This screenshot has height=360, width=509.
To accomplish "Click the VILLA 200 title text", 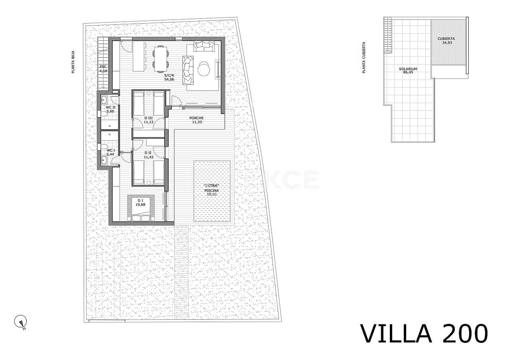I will pyautogui.click(x=424, y=334).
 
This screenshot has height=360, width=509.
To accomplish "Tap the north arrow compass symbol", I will pyautogui.click(x=20, y=322).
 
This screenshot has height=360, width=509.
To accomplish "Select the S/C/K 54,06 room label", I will pyautogui.click(x=169, y=77).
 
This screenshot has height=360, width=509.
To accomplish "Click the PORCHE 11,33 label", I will pyautogui.click(x=197, y=120).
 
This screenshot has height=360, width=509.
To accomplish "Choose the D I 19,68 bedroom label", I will pyautogui.click(x=140, y=203).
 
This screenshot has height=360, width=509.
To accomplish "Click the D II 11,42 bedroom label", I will pyautogui.click(x=148, y=155).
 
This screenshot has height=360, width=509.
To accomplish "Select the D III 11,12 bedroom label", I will pyautogui.click(x=148, y=120).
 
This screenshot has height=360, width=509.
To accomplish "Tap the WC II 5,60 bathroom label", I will pyautogui.click(x=110, y=109).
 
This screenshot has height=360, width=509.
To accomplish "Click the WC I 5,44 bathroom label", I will pyautogui.click(x=110, y=152).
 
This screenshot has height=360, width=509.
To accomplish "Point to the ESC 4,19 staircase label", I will pyautogui.click(x=103, y=69).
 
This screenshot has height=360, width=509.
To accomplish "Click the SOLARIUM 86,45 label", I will pyautogui.click(x=408, y=71).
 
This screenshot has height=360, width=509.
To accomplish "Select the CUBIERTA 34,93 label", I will pyautogui.click(x=446, y=41).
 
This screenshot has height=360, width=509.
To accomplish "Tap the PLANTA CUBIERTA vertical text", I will pyautogui.click(x=364, y=58).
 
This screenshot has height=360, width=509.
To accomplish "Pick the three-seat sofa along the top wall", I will pyautogui.click(x=205, y=46).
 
